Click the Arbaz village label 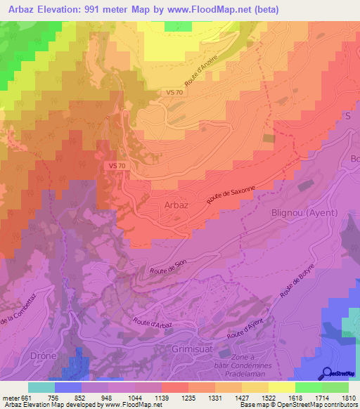click(175, 205)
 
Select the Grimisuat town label click(191, 349)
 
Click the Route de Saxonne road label click(230, 193)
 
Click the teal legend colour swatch click(41, 387)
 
